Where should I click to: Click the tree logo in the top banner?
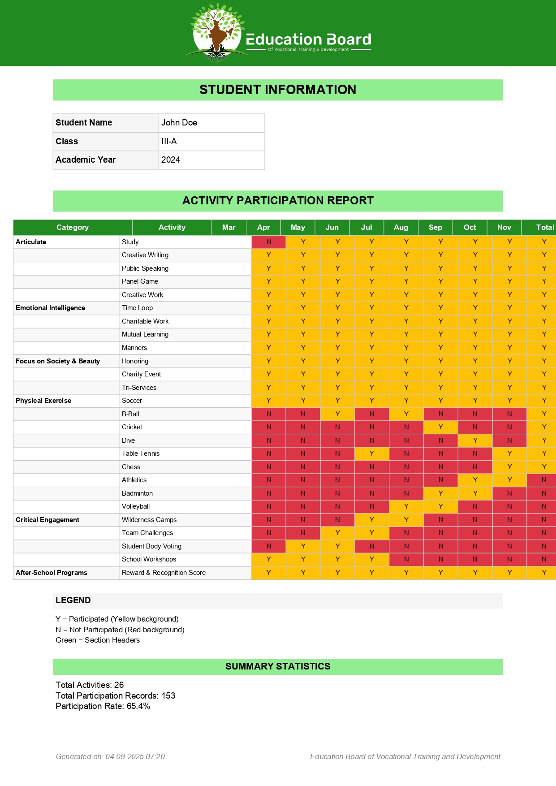click(217, 33)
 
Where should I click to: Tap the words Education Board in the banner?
click(309, 39)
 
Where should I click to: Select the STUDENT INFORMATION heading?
click(278, 90)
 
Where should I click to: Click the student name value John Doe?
click(179, 123)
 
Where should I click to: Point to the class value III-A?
click(169, 142)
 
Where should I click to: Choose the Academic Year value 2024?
click(171, 160)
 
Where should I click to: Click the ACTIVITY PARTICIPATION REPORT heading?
click(278, 201)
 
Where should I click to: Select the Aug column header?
click(401, 227)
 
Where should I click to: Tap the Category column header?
click(73, 227)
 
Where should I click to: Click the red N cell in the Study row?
click(269, 242)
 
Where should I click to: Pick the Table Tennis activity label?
click(141, 453)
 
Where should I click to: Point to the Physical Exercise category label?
click(43, 401)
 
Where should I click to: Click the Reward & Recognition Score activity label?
click(164, 573)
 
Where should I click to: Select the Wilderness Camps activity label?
click(149, 520)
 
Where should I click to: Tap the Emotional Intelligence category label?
click(50, 308)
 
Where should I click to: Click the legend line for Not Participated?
click(120, 630)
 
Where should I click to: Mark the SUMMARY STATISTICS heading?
click(278, 666)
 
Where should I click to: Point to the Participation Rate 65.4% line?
click(103, 706)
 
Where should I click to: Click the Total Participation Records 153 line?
click(115, 695)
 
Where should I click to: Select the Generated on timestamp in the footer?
click(110, 756)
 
